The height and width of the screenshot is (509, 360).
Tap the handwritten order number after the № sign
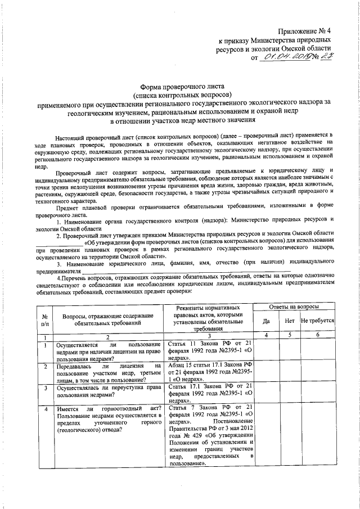point(322,57)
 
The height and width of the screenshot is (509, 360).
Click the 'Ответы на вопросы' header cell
point(293,307)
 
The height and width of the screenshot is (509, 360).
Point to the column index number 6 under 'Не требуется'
point(318,336)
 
